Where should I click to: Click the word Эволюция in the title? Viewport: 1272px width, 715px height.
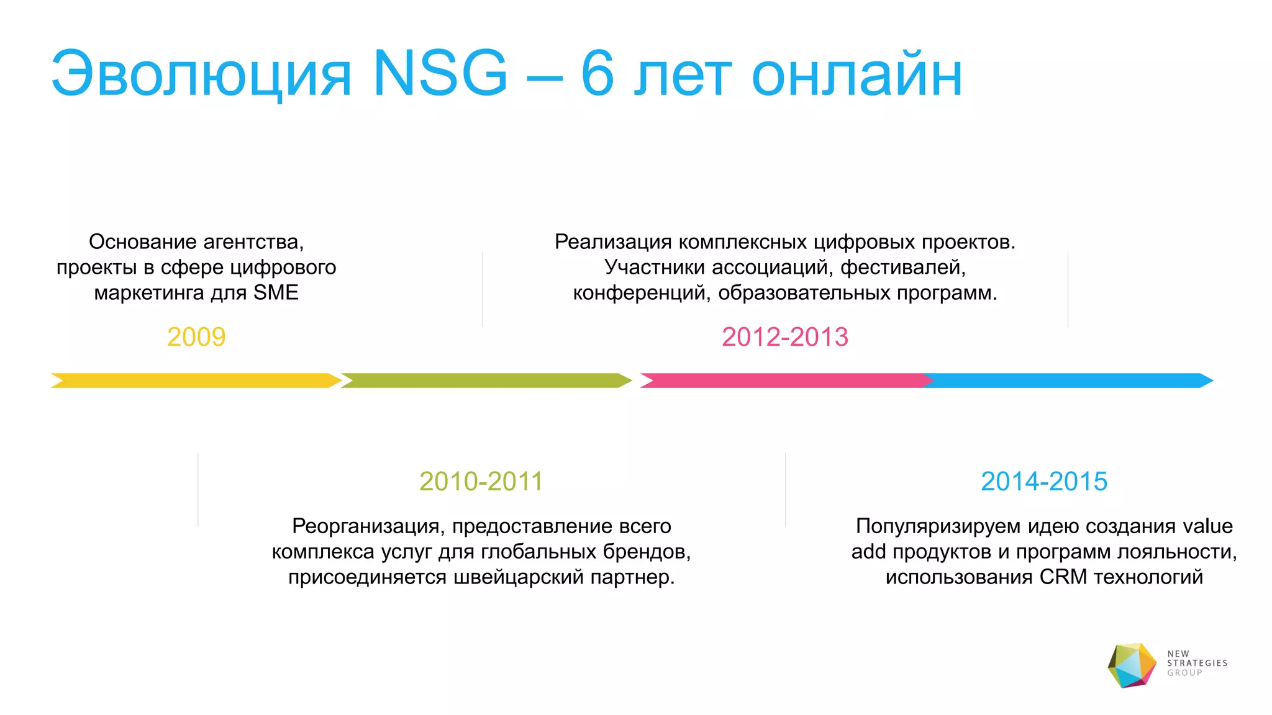[202, 74]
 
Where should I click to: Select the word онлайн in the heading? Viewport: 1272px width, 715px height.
[857, 74]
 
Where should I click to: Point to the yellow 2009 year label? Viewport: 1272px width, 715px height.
[196, 337]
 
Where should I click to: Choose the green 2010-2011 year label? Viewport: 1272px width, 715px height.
[481, 482]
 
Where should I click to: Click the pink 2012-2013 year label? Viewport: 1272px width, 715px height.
[784, 337]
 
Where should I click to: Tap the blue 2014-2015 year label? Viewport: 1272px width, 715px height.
[1043, 482]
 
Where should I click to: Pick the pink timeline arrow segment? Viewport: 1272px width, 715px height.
[783, 380]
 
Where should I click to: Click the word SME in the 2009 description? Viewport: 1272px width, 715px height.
[276, 292]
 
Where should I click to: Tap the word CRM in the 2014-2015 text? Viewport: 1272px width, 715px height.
[1063, 577]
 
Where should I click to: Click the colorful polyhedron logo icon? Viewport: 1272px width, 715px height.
[1132, 665]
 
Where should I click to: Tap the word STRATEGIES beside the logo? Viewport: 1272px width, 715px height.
[1197, 663]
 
